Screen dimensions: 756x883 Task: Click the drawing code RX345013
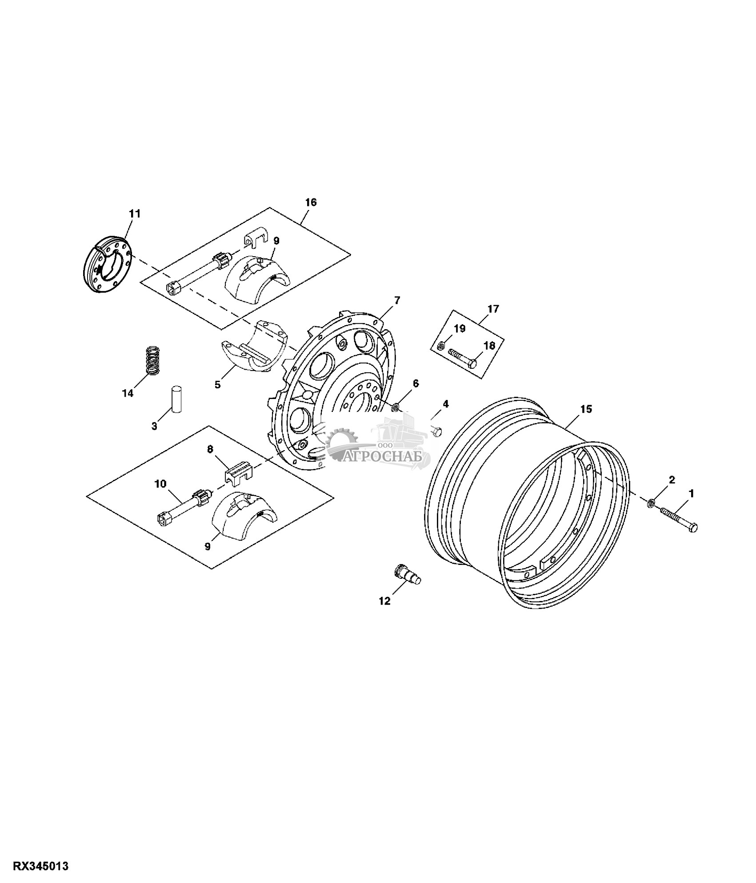point(41,866)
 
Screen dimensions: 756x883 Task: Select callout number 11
point(135,214)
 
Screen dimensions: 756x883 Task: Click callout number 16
point(311,202)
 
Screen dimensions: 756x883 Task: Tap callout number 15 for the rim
point(586,409)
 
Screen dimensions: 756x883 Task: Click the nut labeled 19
point(440,345)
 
